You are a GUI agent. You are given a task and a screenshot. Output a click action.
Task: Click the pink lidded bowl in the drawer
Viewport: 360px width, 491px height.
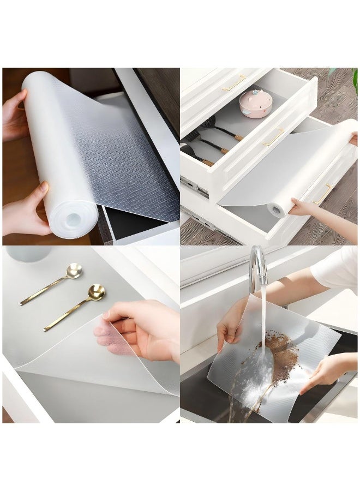[x=256, y=104]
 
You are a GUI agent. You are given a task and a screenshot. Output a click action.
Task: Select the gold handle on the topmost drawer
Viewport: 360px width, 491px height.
[x=235, y=83]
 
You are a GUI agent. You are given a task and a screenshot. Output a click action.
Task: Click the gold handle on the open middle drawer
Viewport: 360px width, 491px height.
[x=273, y=137]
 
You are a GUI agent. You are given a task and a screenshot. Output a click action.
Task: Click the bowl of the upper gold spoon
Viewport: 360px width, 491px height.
[x=73, y=271]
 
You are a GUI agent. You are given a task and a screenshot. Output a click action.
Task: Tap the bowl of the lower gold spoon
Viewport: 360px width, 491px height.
[x=97, y=292]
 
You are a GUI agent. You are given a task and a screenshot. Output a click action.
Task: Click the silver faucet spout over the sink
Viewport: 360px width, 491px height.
[x=257, y=265]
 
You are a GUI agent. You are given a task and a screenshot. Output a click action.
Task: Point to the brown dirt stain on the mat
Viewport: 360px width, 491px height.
[x=284, y=355]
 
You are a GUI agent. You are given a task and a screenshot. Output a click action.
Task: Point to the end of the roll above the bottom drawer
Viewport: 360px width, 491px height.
[x=278, y=208]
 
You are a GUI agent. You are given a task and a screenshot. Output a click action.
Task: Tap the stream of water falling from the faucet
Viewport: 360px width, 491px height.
[x=263, y=316]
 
